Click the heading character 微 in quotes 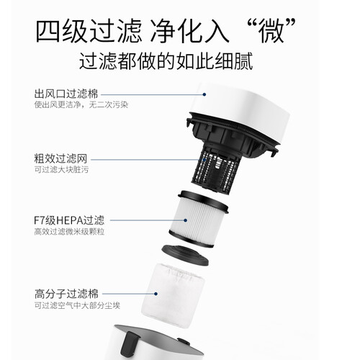(x=271, y=31)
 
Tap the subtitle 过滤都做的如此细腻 (x=166, y=61)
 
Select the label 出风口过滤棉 (x=66, y=94)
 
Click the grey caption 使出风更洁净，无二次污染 (x=81, y=105)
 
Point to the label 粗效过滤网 (x=60, y=158)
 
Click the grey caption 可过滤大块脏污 (x=61, y=169)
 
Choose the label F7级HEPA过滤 (x=69, y=220)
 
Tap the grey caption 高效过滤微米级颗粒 (x=69, y=232)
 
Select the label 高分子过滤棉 (x=66, y=294)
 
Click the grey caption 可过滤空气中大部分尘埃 (x=77, y=305)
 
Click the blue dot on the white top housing (x=204, y=94)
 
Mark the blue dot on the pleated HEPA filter (x=185, y=220)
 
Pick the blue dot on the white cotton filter (x=156, y=294)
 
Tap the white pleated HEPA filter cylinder (x=199, y=219)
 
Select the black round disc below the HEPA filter (x=185, y=255)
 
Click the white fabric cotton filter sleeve (x=173, y=294)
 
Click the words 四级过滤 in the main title (x=88, y=31)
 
